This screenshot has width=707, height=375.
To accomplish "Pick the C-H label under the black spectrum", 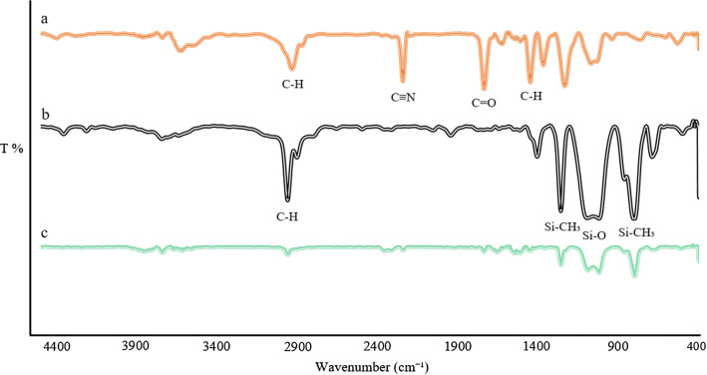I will tap(287, 215).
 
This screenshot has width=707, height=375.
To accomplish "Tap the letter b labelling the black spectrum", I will tap(45, 115).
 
